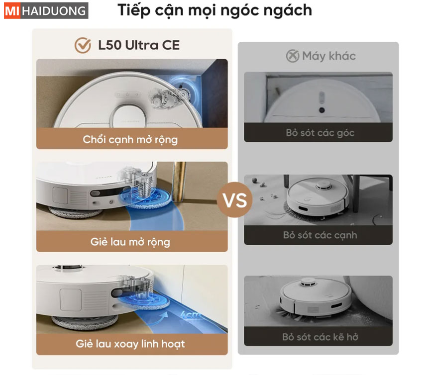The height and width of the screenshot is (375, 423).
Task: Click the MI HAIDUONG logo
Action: [x=46, y=10]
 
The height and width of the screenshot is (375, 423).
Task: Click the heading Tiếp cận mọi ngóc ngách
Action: [x=215, y=11]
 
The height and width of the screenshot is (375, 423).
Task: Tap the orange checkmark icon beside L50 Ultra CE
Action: [x=83, y=45]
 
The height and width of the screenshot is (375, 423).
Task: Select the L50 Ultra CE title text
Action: [x=139, y=45]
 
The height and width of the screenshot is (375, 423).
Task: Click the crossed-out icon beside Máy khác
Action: [x=293, y=56]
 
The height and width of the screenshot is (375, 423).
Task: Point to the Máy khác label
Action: [x=329, y=56]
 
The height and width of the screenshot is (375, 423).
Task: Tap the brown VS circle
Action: [x=235, y=200]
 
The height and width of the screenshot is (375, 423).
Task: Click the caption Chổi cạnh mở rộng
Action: [x=130, y=140]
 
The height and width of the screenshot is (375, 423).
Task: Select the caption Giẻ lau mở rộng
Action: [x=130, y=242]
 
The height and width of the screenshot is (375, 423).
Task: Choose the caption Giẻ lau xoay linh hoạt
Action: [x=130, y=344]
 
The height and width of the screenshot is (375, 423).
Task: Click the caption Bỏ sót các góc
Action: [x=320, y=133]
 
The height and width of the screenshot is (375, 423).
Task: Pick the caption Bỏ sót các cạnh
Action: [x=320, y=235]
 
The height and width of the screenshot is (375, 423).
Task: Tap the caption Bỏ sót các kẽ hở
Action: [x=320, y=337]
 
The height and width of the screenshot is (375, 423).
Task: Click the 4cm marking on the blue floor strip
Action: [x=191, y=315]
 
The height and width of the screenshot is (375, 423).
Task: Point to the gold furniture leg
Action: [x=179, y=182]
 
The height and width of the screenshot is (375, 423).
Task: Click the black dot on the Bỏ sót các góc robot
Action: [x=321, y=110]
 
